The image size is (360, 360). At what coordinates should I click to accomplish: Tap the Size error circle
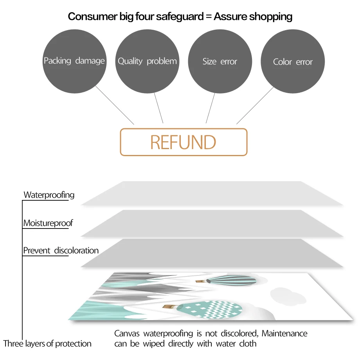[220, 61]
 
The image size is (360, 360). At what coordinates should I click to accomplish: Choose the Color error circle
[293, 62]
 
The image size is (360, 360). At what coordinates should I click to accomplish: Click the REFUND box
[184, 142]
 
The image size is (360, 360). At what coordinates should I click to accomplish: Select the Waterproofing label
[49, 195]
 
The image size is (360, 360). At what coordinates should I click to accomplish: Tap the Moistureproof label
[48, 223]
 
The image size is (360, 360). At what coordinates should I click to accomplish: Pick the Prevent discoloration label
[61, 250]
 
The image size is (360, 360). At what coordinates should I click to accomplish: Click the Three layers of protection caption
[47, 344]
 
